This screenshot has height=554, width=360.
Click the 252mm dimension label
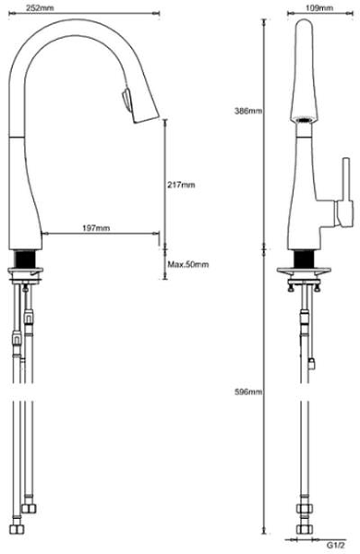click(x=40, y=7)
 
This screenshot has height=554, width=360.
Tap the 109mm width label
click(x=319, y=7)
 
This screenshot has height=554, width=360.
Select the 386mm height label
click(x=248, y=111)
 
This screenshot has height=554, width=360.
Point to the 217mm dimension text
click(x=181, y=185)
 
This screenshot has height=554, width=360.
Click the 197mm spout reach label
click(x=96, y=228)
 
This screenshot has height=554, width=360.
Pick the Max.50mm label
click(x=188, y=264)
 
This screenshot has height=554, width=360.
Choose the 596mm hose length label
click(x=248, y=391)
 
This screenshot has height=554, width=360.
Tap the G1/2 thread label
click(x=335, y=545)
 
